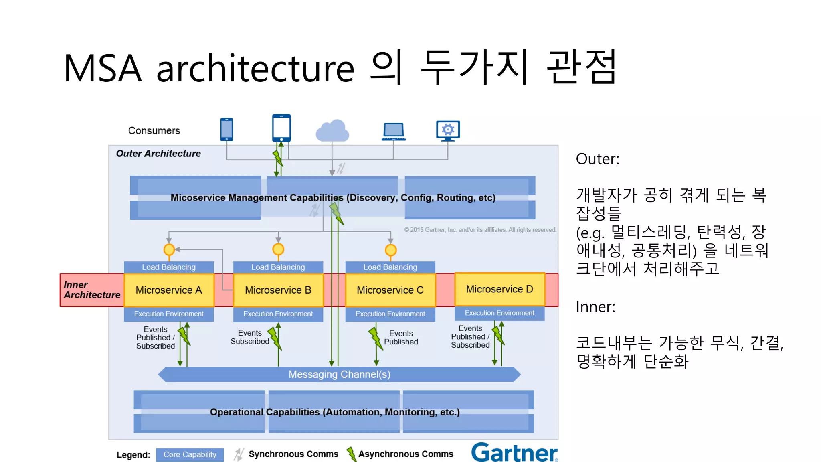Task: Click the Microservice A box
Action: click(x=169, y=290)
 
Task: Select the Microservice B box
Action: click(x=278, y=290)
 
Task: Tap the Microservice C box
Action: click(x=390, y=290)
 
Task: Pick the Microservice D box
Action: click(x=499, y=289)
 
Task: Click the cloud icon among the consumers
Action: click(x=332, y=131)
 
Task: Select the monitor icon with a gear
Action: click(x=448, y=130)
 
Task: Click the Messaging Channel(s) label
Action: click(x=339, y=374)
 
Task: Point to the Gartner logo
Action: click(x=514, y=452)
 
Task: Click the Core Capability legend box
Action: click(x=190, y=454)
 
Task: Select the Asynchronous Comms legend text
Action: click(x=406, y=454)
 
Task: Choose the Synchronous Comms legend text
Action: click(x=293, y=454)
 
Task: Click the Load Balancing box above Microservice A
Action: click(x=169, y=267)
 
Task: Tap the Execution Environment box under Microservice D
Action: click(x=499, y=313)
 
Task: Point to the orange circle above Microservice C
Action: click(x=390, y=250)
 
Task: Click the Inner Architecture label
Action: click(x=91, y=290)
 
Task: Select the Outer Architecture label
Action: click(x=158, y=154)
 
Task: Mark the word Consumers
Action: click(x=154, y=131)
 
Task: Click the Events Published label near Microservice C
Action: click(x=401, y=338)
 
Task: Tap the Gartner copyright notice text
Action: click(x=480, y=230)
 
